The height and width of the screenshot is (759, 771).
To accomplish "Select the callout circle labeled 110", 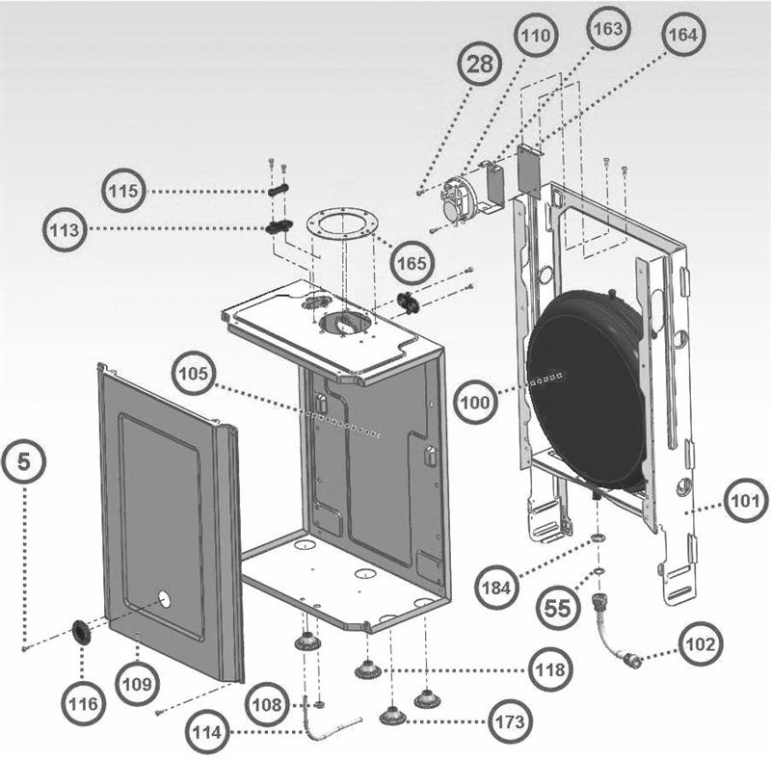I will pyautogui.click(x=535, y=37).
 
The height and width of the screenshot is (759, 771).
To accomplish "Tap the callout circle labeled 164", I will pyautogui.click(x=681, y=34).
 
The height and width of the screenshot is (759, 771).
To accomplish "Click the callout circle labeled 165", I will pyautogui.click(x=412, y=260).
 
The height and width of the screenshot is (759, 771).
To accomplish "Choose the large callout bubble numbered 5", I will pyautogui.click(x=24, y=462).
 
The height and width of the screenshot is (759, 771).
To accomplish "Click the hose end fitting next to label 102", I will pyautogui.click(x=633, y=660).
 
